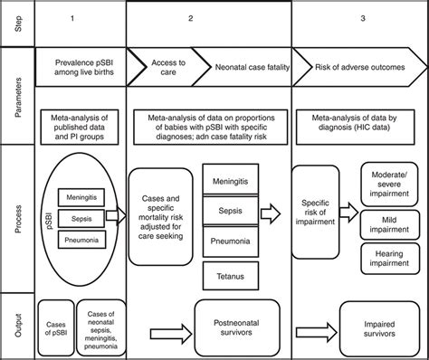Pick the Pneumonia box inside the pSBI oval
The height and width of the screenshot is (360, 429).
tap(84, 240)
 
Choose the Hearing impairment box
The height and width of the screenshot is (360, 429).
tap(387, 262)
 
